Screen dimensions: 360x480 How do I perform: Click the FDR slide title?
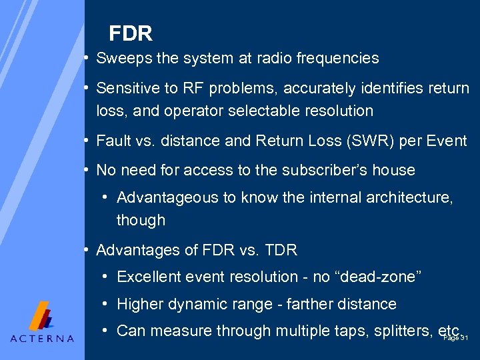(x=131, y=33)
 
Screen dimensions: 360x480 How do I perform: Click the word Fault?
(x=113, y=141)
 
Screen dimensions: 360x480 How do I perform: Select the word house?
(x=394, y=171)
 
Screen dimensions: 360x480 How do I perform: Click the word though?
(x=141, y=220)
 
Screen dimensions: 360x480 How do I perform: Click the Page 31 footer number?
(x=456, y=339)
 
